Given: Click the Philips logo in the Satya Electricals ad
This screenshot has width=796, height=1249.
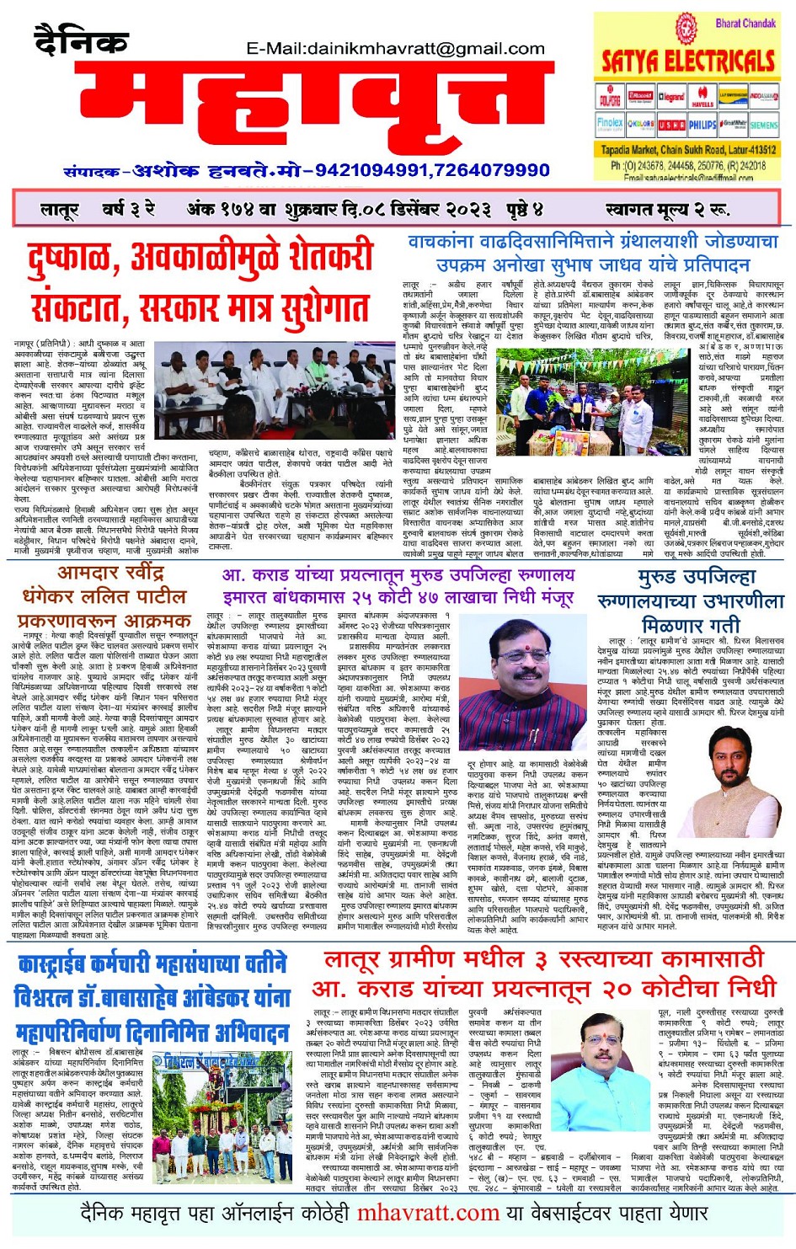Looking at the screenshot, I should tap(703, 125).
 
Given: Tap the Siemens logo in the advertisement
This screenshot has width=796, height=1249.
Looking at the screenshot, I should tap(763, 125).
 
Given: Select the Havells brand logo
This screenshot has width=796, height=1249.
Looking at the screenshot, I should tap(703, 98).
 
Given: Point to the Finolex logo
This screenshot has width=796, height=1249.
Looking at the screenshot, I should tap(610, 124).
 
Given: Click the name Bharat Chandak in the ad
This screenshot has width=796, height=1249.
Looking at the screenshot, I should tap(745, 23).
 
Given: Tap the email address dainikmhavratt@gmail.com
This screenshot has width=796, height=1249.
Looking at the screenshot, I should tap(396, 49).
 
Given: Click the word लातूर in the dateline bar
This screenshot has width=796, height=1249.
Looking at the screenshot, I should tap(59, 209).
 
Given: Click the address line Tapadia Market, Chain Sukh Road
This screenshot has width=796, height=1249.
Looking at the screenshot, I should tap(687, 150).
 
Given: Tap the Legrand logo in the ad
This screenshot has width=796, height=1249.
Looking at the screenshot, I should tap(671, 98).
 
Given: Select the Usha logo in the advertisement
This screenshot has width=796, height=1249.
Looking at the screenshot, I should tap(671, 125).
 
